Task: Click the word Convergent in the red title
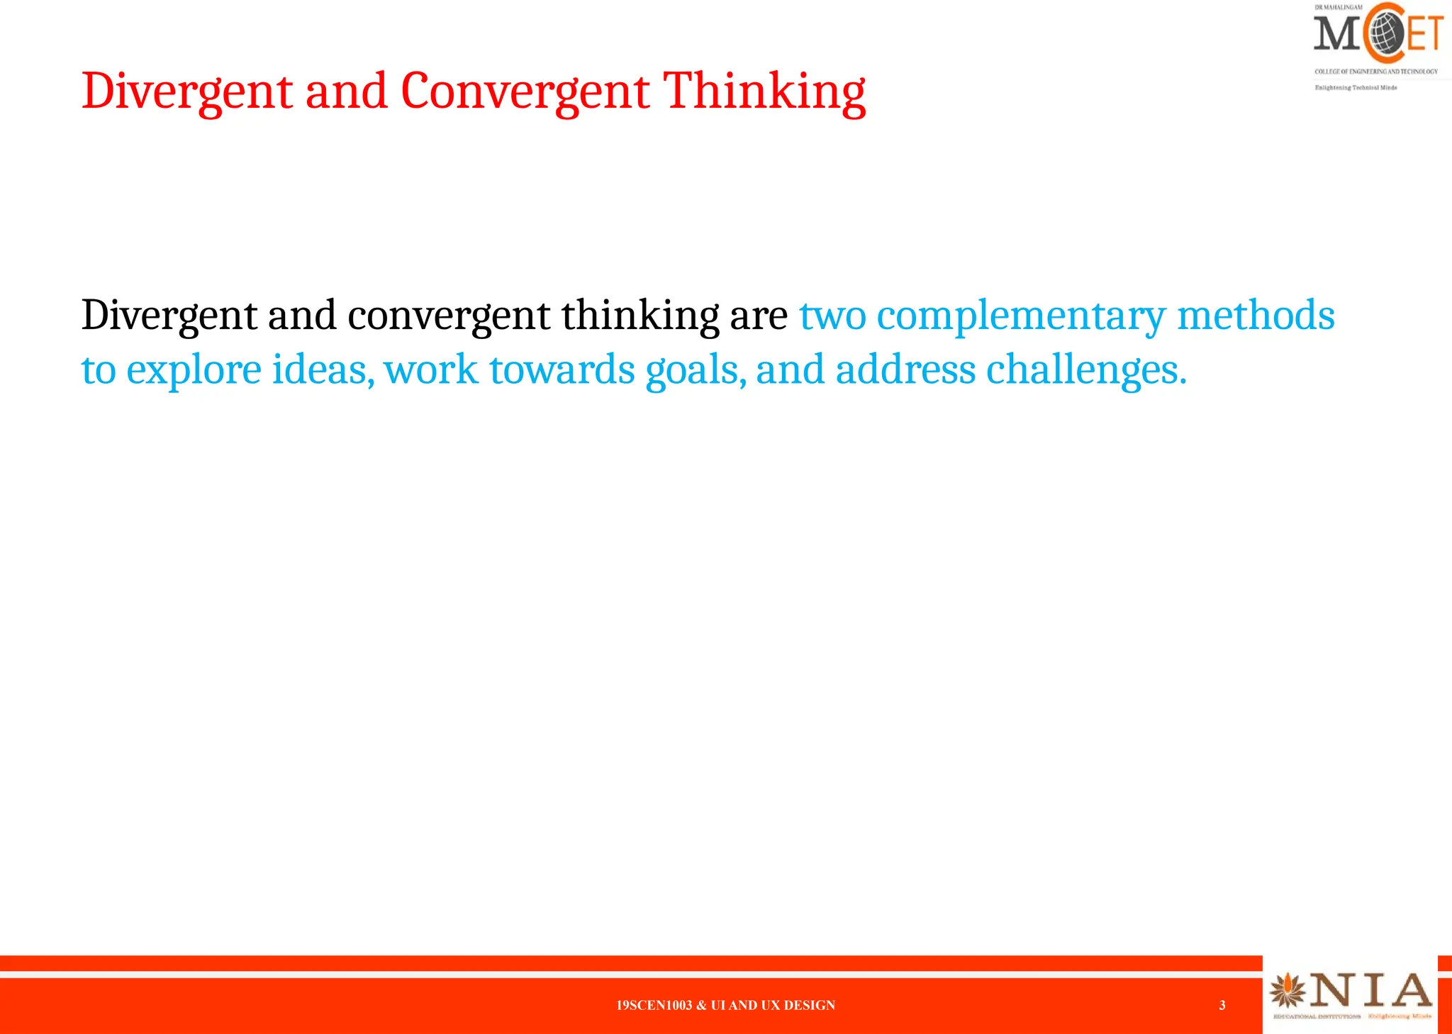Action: pyautogui.click(x=525, y=92)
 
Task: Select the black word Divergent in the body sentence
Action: pyautogui.click(x=169, y=316)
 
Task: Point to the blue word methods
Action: pyautogui.click(x=1256, y=316)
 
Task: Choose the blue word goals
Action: pyautogui.click(x=695, y=371)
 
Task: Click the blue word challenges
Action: pyautogui.click(x=1085, y=371)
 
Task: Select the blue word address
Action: pyautogui.click(x=905, y=371)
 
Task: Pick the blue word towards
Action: pyautogui.click(x=562, y=371)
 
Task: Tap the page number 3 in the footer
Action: pyautogui.click(x=1222, y=1005)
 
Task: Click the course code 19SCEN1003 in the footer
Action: pyautogui.click(x=654, y=1005)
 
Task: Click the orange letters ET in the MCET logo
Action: pyautogui.click(x=1425, y=33)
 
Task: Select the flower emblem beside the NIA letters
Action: pyautogui.click(x=1288, y=991)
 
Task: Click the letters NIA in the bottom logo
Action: pyautogui.click(x=1370, y=991)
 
